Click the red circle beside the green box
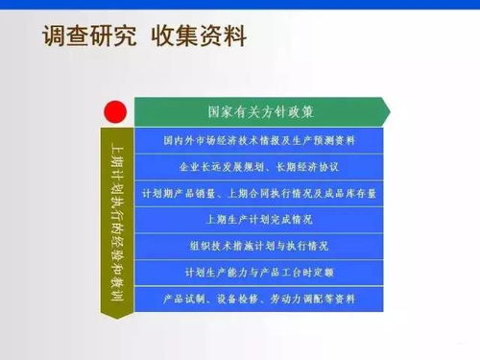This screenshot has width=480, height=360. click(117, 112)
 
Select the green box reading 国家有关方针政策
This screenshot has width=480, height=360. click(259, 111)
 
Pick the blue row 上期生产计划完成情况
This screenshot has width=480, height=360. click(259, 220)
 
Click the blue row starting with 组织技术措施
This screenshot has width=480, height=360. click(259, 246)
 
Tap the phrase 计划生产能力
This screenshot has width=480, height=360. click(210, 273)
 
